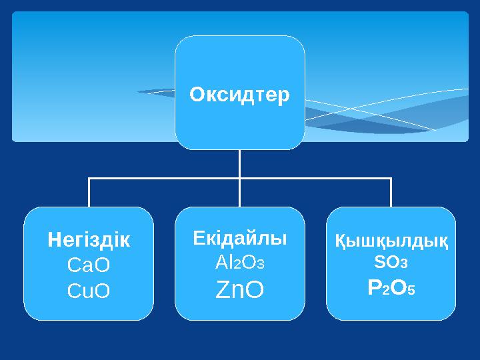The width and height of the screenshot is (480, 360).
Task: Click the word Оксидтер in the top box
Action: [239, 95]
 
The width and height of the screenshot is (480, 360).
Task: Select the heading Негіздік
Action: [89, 240]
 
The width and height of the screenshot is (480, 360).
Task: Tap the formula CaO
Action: [89, 265]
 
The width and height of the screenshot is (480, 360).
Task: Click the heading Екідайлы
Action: [239, 237]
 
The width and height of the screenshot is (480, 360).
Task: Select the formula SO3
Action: [391, 263]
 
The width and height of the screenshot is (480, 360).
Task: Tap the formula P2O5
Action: [391, 288]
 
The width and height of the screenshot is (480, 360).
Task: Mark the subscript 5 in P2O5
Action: [413, 291]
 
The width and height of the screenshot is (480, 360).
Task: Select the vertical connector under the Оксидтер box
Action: [239, 163]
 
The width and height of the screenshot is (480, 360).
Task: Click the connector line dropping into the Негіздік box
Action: [89, 193]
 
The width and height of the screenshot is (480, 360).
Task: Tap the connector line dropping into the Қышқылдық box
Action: [391, 193]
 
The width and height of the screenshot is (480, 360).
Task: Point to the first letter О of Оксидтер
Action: [196, 95]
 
